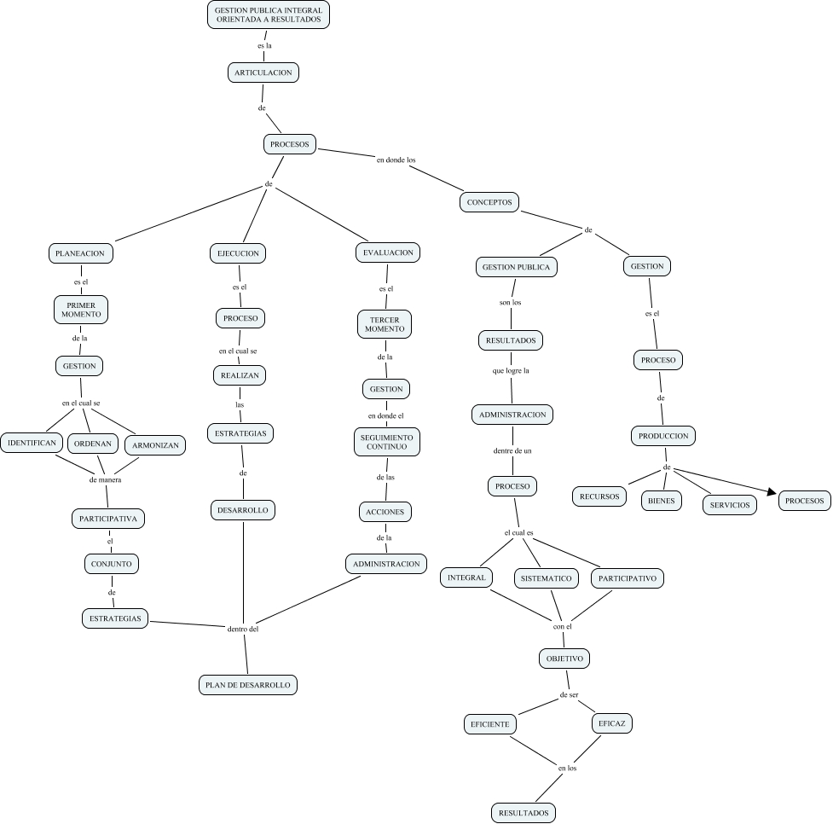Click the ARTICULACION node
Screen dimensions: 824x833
[263, 73]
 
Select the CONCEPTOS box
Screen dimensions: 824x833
[489, 203]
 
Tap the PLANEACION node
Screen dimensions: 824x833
[80, 253]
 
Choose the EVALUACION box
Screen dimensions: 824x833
[388, 252]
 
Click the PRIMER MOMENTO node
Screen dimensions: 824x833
[81, 309]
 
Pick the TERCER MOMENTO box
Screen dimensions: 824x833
[385, 324]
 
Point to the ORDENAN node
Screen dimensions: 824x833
[93, 444]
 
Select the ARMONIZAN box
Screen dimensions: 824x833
[155, 445]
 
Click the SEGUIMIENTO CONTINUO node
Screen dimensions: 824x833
[387, 441]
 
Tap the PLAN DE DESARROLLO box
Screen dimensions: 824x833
[248, 684]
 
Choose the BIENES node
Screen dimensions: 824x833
[662, 501]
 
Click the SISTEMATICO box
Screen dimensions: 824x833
[547, 578]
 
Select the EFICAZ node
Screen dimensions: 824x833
[612, 723]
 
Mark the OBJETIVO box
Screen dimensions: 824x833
[564, 659]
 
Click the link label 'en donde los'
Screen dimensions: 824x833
[396, 160]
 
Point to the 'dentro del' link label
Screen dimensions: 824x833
[243, 630]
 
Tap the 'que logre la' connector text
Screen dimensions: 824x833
[511, 371]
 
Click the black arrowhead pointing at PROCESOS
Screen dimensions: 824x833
[772, 492]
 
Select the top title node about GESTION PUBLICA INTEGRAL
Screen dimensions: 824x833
[268, 15]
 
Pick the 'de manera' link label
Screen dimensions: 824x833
[105, 479]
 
